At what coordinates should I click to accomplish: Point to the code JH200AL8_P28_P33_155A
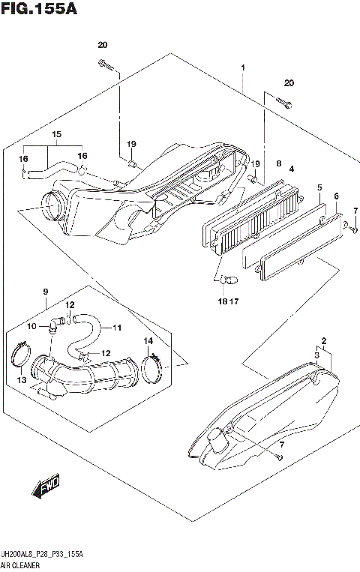42,553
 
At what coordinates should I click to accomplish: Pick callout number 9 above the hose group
45,291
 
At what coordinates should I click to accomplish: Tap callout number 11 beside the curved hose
118,327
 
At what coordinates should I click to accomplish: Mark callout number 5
319,187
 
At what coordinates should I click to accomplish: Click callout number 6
336,196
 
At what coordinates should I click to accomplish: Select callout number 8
278,163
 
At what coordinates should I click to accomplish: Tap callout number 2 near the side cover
323,340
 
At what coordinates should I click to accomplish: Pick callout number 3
316,355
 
